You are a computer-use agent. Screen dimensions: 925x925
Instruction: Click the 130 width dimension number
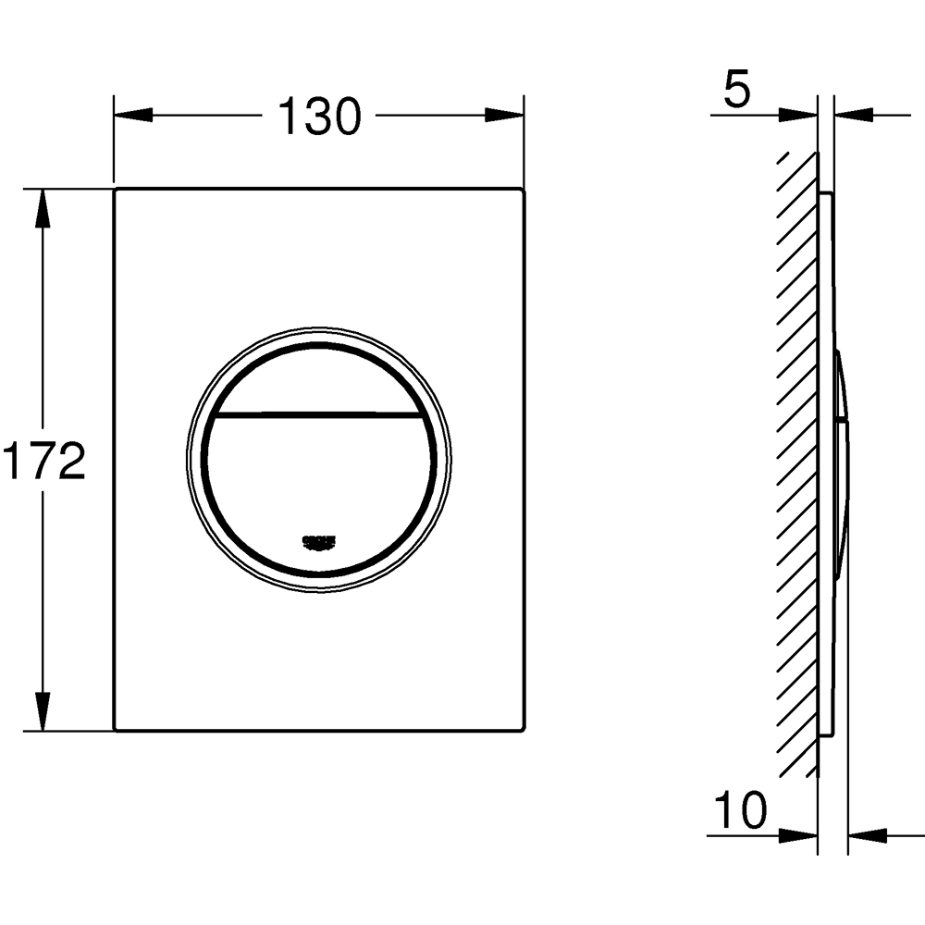[x=319, y=117]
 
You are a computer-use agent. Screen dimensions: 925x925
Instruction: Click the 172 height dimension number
[x=43, y=461]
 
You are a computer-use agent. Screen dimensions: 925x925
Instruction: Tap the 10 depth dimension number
[x=741, y=812]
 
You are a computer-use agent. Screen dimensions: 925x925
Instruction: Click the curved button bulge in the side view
[x=843, y=462]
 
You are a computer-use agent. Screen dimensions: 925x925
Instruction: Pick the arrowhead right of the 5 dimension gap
[x=852, y=116]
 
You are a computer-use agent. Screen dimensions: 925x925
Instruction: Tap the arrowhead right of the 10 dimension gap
[x=865, y=834]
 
